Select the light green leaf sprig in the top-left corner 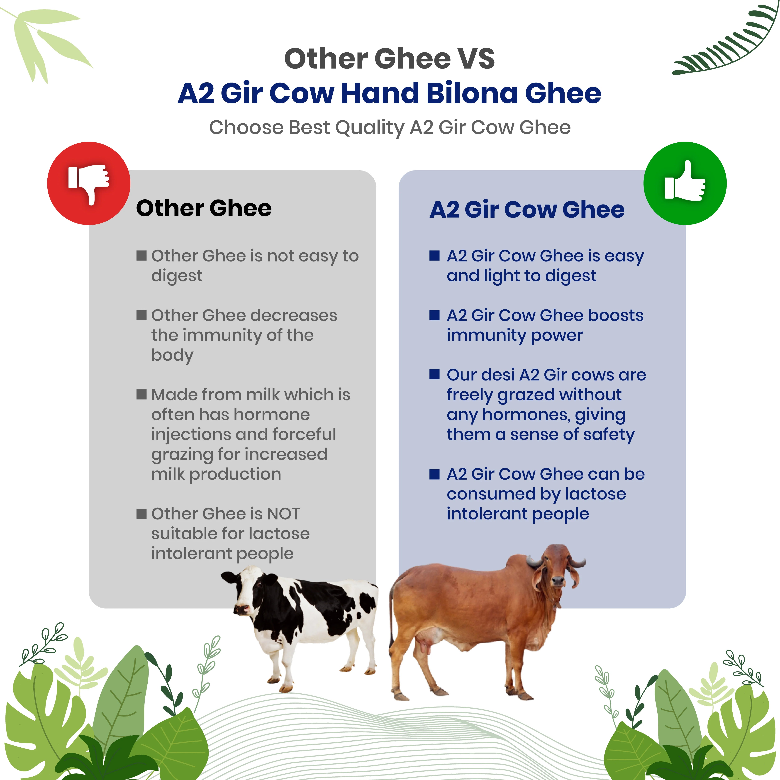click(x=44, y=40)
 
